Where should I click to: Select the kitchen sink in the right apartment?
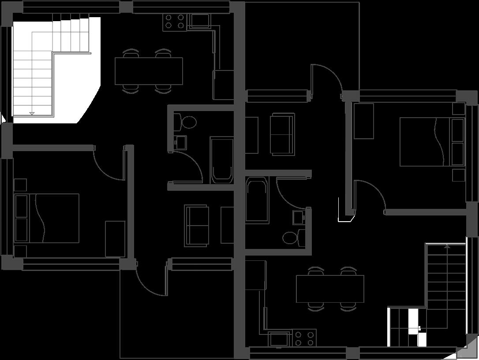click(279, 339)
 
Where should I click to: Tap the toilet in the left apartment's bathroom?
click(185, 122)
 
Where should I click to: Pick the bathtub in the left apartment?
click(222, 160)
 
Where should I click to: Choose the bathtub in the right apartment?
click(257, 200)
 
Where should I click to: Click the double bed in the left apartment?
click(47, 218)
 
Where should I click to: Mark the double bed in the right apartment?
click(432, 141)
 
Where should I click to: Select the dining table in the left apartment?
click(149, 71)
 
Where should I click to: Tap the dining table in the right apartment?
click(330, 289)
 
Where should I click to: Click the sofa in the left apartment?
click(197, 225)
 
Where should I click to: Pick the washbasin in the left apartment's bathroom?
click(181, 142)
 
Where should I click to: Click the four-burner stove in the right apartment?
click(304, 338)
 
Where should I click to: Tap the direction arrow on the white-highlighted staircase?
click(32, 113)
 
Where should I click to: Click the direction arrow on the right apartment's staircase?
click(447, 246)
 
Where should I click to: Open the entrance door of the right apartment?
click(327, 79)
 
